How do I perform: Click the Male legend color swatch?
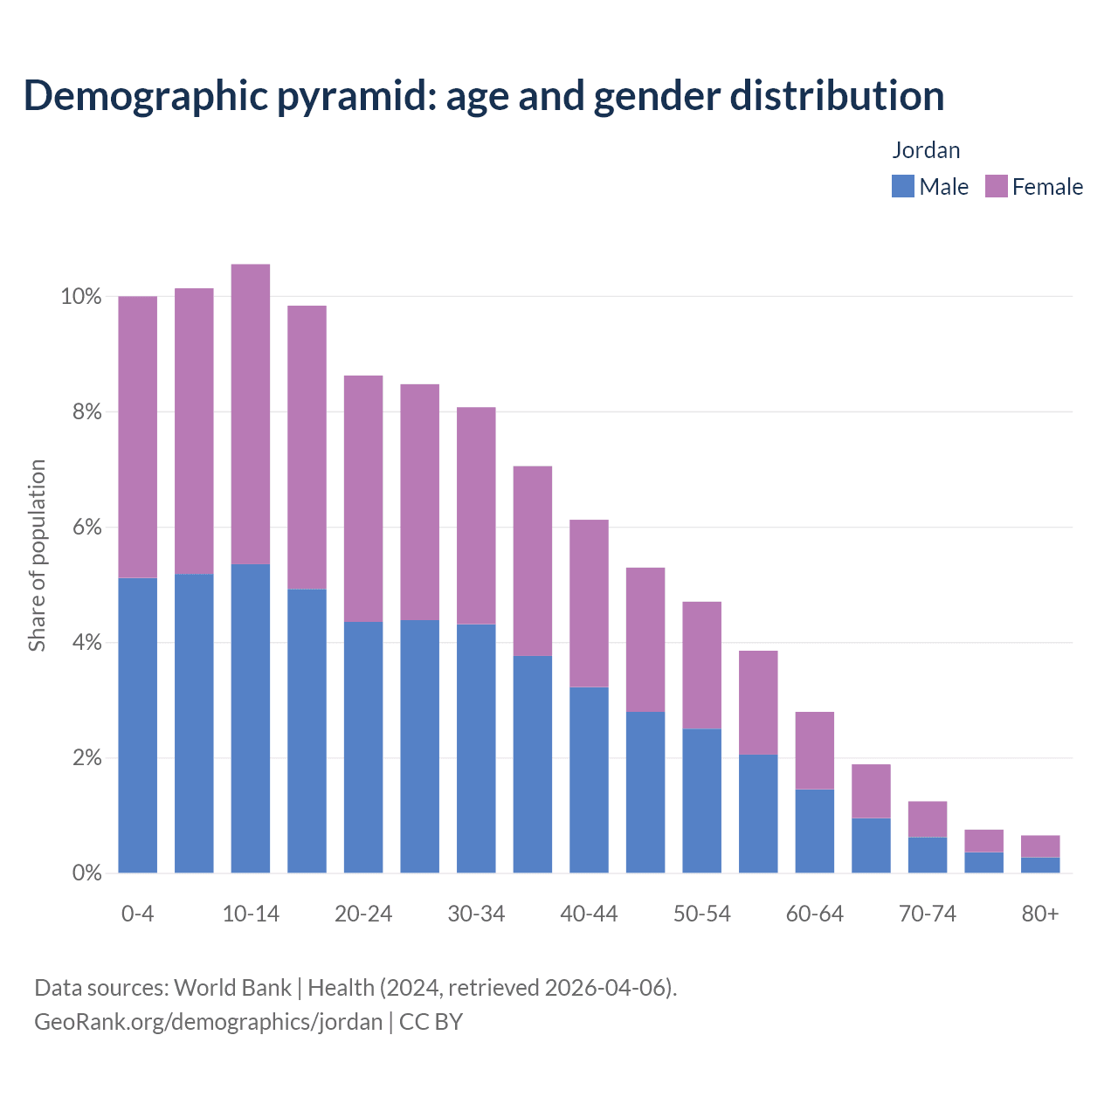tap(902, 186)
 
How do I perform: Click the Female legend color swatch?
tap(996, 186)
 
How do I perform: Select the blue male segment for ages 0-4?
tap(138, 725)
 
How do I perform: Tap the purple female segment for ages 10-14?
tap(251, 414)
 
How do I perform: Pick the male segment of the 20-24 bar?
tap(363, 747)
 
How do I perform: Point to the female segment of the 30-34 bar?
tap(476, 515)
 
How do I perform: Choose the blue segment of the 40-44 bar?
tap(589, 780)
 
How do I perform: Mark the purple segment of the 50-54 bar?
tap(701, 665)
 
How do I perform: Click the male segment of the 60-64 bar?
tap(814, 831)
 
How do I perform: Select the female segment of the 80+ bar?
tap(1040, 846)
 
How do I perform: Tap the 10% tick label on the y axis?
tap(80, 297)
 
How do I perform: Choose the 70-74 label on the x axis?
tap(928, 914)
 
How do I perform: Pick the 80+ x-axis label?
tap(1040, 914)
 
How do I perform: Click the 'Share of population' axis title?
tap(37, 556)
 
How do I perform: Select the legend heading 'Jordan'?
tap(926, 150)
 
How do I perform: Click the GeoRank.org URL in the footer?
tap(208, 1021)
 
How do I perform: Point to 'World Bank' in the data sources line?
tap(232, 987)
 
